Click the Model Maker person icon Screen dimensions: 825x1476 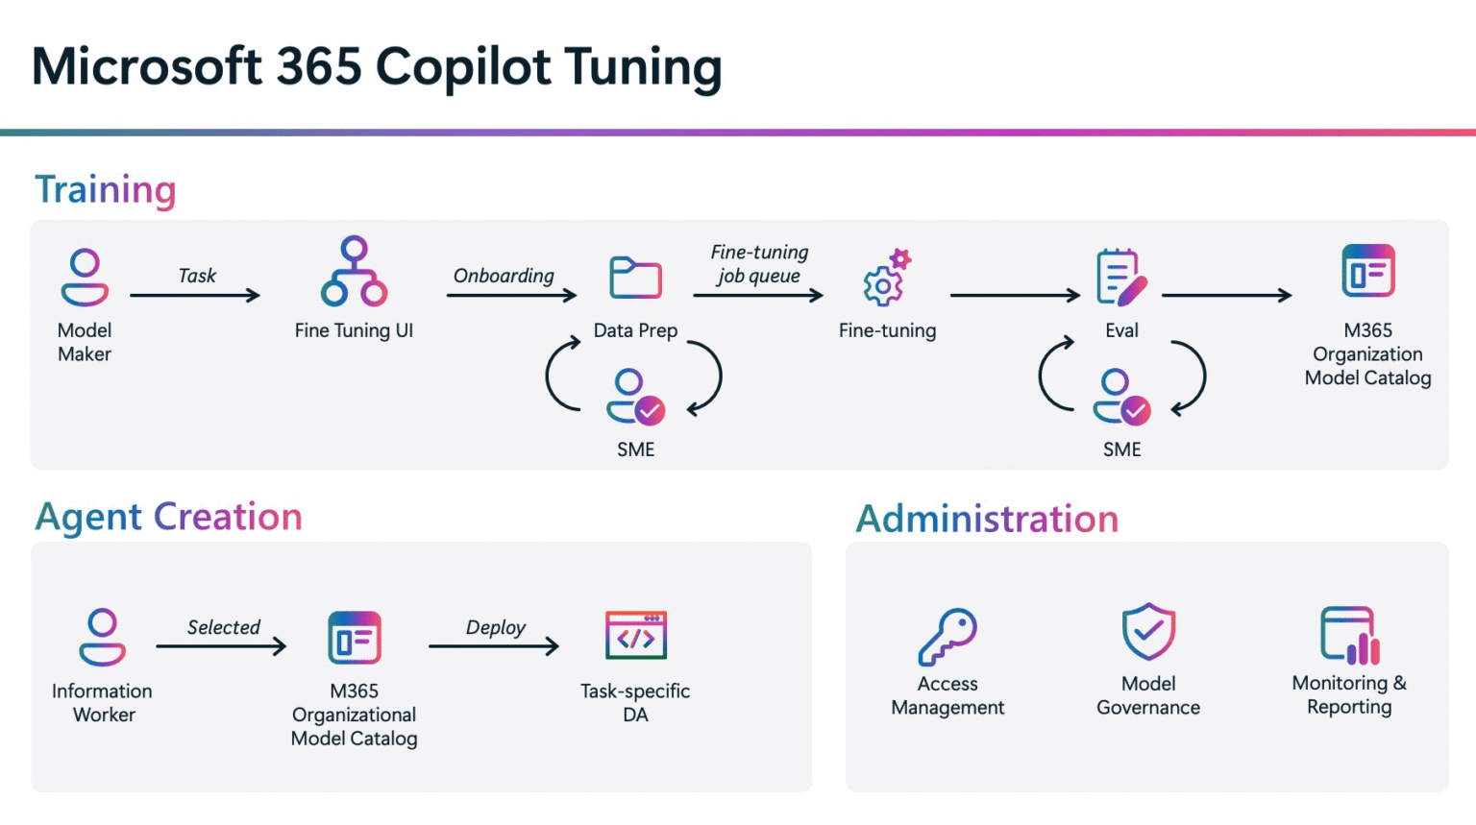85,278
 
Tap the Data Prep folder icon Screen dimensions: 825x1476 635,278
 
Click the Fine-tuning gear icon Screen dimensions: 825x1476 886,279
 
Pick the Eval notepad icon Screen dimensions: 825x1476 1120,278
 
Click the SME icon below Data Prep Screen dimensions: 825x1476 635,397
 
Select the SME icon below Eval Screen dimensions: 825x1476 1120,397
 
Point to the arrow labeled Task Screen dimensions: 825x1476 195,295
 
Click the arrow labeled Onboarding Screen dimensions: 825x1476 511,295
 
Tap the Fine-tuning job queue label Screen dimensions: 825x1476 759,264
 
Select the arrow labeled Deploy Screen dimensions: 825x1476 494,646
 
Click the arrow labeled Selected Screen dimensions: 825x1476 222,646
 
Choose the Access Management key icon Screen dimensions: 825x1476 947,636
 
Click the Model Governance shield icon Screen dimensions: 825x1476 1148,632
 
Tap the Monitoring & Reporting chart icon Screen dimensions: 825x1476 1349,636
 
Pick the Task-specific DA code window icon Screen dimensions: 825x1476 635,636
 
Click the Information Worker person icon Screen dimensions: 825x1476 102,637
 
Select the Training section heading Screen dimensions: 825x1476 106,189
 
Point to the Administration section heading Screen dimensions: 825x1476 987,519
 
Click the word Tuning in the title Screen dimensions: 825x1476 643,67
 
